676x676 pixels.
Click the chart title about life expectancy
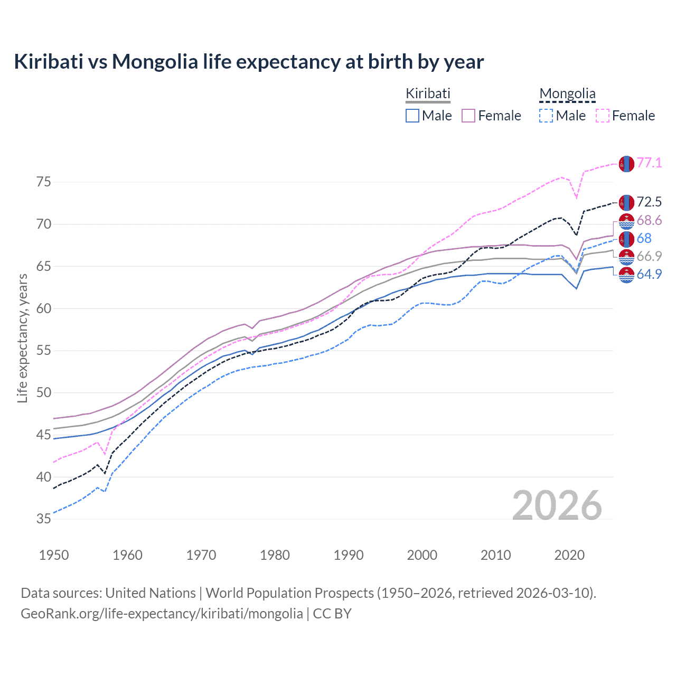pyautogui.click(x=249, y=62)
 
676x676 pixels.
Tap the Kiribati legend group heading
pyautogui.click(x=428, y=93)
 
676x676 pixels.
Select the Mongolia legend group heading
pyautogui.click(x=567, y=94)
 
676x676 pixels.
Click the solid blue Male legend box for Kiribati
pyautogui.click(x=412, y=116)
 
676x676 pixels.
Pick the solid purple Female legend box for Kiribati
pyautogui.click(x=469, y=116)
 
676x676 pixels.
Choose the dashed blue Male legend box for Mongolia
pyautogui.click(x=546, y=116)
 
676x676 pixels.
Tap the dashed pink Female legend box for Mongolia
pyautogui.click(x=603, y=116)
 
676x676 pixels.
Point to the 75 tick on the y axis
pyautogui.click(x=44, y=182)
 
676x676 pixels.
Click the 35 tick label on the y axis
pyautogui.click(x=44, y=519)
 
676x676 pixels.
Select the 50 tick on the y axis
pyautogui.click(x=44, y=393)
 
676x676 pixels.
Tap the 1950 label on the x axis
pyautogui.click(x=54, y=555)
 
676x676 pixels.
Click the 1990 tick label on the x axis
pyautogui.click(x=349, y=555)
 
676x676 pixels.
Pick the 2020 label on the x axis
pyautogui.click(x=569, y=555)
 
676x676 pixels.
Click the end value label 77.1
pyautogui.click(x=649, y=163)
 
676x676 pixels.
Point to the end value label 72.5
pyautogui.click(x=649, y=202)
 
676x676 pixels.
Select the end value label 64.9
pyautogui.click(x=649, y=274)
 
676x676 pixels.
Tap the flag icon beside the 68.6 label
pyautogui.click(x=626, y=221)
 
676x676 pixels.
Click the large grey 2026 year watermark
pyautogui.click(x=557, y=505)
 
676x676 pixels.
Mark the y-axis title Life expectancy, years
pyautogui.click(x=22, y=338)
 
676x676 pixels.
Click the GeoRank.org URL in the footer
pyautogui.click(x=162, y=614)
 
